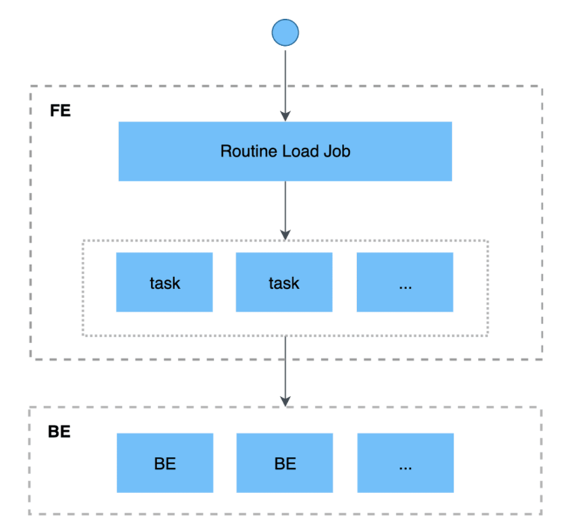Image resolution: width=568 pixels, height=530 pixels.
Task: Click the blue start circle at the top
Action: point(285,32)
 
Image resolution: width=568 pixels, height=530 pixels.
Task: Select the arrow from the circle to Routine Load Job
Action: point(285,79)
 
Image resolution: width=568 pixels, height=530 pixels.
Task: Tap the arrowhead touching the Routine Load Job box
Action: point(285,116)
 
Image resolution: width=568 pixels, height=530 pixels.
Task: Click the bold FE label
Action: point(60,110)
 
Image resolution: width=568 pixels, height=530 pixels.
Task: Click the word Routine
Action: point(241,151)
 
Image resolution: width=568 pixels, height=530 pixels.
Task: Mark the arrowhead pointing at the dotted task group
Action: point(285,235)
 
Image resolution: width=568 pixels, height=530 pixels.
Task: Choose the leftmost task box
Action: point(164,282)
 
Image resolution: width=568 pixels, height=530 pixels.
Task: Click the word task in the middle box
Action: point(284,283)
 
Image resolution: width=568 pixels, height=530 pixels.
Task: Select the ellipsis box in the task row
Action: point(405,282)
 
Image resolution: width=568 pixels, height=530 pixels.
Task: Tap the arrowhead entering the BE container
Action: point(285,401)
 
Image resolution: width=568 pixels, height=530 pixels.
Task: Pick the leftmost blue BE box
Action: point(164,463)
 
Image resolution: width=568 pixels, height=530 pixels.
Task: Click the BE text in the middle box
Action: point(285,464)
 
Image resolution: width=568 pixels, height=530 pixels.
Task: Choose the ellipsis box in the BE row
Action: point(405,463)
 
